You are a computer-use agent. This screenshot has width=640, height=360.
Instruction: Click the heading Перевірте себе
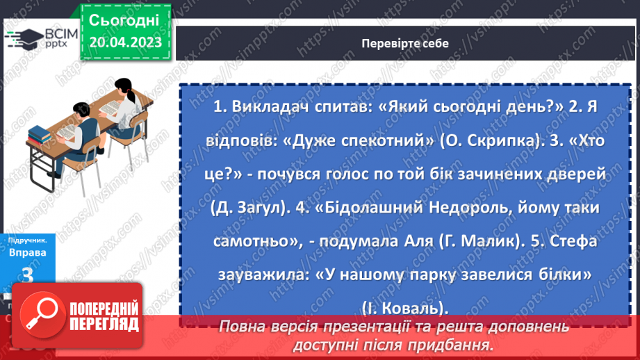click(404, 43)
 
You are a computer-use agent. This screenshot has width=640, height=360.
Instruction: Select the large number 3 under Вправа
click(28, 276)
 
